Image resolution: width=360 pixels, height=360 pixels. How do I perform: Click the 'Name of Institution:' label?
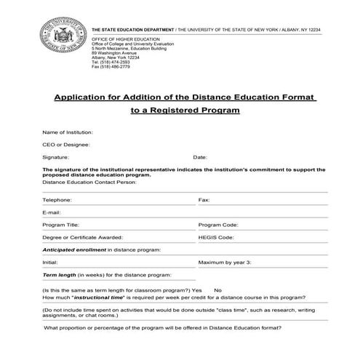click(68, 132)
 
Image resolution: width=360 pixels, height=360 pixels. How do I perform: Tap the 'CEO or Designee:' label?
click(63, 145)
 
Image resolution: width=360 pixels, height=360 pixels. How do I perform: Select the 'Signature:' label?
click(55, 157)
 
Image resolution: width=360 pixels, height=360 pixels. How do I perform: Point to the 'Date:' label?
click(200, 157)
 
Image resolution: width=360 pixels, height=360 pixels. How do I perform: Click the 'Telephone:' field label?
click(57, 199)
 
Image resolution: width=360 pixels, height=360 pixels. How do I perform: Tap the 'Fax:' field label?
click(204, 199)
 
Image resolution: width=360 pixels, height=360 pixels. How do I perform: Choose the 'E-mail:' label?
click(50, 212)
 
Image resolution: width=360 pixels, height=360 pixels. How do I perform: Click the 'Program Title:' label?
click(61, 225)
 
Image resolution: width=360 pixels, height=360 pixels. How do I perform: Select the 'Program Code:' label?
click(218, 225)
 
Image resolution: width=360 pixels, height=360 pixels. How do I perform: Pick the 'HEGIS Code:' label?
click(216, 237)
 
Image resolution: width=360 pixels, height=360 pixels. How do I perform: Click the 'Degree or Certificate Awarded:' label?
click(82, 237)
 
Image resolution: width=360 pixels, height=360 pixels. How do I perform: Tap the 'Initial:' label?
click(49, 262)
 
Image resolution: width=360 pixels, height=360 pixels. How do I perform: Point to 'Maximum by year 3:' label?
click(225, 262)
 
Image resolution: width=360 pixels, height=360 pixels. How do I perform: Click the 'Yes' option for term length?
click(216, 290)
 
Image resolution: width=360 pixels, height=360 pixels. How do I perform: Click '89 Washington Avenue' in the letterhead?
click(115, 53)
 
